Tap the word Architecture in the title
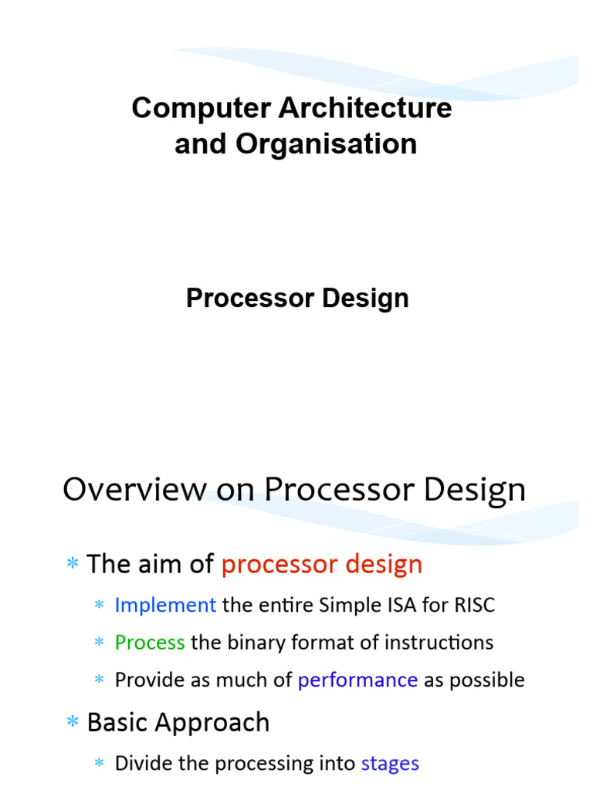coord(365,108)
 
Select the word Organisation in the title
coord(327,145)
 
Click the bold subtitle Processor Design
coord(297,299)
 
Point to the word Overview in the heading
coord(134,488)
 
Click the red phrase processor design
coord(322,565)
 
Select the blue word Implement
coord(165,605)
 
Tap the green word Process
coord(150,643)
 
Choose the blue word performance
coord(357,680)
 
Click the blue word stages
coord(390,764)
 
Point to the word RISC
coord(475,605)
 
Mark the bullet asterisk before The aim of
coord(73,562)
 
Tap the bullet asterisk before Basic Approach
coord(73,721)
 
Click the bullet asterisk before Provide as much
coord(100,679)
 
